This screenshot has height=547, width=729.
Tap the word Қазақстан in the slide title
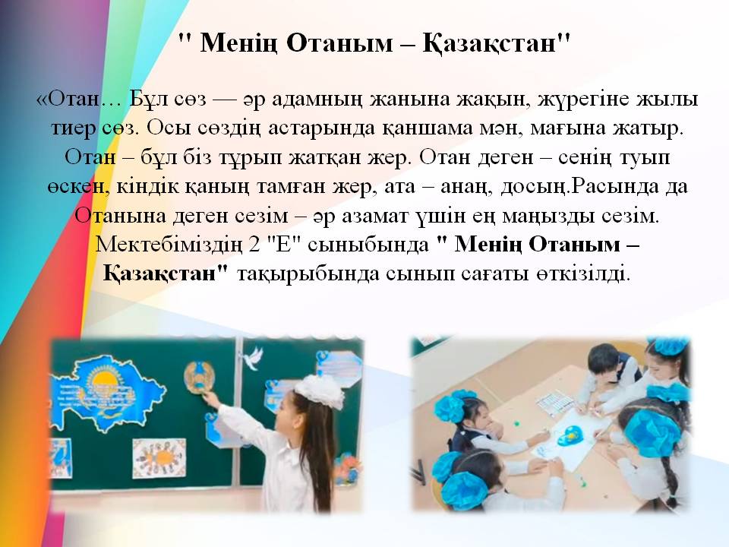(x=489, y=44)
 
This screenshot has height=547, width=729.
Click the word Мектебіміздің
(x=169, y=245)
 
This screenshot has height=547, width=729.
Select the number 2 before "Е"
(x=254, y=245)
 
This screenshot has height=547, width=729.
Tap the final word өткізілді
(x=583, y=274)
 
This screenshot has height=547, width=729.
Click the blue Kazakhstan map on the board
(x=105, y=392)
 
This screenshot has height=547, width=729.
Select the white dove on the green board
(x=251, y=358)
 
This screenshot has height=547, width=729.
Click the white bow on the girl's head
(x=320, y=390)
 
